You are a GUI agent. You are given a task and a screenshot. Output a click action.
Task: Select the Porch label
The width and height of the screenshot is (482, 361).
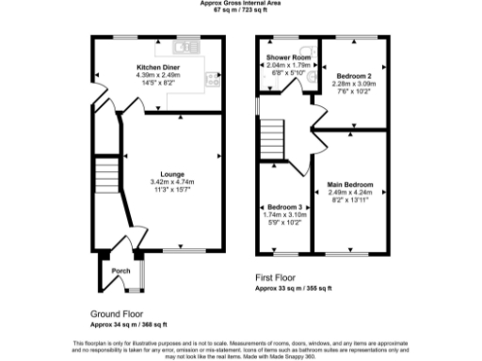coord(120,271)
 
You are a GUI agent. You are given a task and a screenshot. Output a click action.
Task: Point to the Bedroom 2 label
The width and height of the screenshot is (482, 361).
coord(353,74)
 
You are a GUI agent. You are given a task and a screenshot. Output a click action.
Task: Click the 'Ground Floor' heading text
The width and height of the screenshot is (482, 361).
coord(118,314)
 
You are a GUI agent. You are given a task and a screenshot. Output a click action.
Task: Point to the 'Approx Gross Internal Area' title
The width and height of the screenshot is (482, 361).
coord(241,4)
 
